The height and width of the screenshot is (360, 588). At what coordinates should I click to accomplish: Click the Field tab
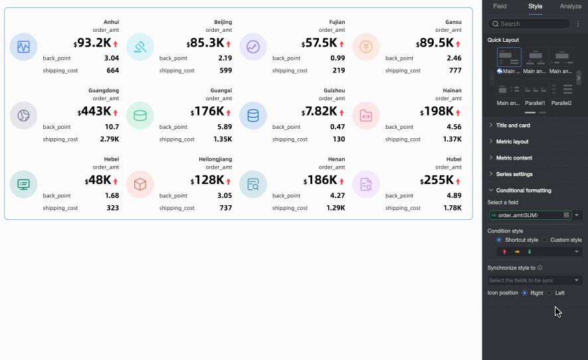click(500, 6)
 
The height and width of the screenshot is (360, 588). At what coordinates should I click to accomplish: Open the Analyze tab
click(570, 6)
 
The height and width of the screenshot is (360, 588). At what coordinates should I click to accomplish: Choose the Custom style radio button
click(545, 240)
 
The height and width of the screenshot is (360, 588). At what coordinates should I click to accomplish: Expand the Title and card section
click(512, 125)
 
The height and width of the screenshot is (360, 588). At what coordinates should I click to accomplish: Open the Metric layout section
click(512, 141)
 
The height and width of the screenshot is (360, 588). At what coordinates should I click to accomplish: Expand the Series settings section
click(514, 174)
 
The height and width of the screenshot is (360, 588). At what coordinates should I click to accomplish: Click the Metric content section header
click(514, 157)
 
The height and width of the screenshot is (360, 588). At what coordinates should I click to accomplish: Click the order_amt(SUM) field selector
click(530, 215)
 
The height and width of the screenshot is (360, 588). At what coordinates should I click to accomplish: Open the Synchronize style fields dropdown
click(535, 280)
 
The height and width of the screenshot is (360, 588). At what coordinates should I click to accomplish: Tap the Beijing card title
click(223, 22)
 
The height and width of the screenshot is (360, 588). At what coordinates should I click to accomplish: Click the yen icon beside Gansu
click(366, 47)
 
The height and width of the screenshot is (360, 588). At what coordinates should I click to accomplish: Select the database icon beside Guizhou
click(253, 116)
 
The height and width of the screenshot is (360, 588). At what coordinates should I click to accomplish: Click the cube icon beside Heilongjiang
click(140, 185)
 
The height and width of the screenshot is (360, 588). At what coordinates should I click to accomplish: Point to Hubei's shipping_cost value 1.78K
click(452, 208)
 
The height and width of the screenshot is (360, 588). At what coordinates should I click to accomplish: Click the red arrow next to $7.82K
click(341, 113)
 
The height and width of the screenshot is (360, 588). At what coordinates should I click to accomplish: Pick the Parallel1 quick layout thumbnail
click(535, 90)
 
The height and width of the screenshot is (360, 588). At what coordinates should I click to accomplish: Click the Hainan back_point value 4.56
click(454, 127)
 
